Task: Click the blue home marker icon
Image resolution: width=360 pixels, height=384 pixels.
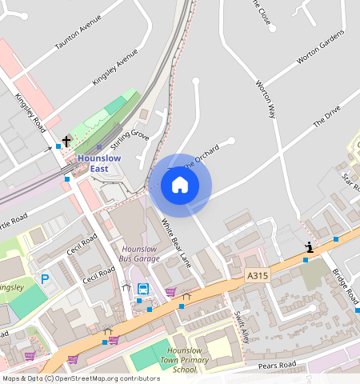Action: click(180, 185)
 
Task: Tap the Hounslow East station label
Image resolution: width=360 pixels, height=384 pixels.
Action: click(99, 163)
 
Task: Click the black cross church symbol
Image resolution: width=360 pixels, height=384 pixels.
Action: click(66, 142)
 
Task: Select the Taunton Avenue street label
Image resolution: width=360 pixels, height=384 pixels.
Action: click(77, 37)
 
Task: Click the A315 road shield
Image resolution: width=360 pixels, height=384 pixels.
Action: click(257, 274)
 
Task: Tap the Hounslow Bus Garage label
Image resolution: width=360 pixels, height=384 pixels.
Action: click(139, 254)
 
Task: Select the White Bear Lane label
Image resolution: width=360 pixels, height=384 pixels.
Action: click(177, 242)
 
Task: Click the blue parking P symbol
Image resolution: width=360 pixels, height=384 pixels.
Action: click(45, 278)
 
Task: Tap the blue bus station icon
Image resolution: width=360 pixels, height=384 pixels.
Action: click(143, 289)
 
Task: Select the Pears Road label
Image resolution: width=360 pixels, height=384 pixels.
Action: click(278, 366)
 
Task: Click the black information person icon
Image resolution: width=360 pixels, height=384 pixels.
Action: click(309, 247)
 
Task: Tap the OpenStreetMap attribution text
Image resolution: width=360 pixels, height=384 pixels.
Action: click(70, 378)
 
